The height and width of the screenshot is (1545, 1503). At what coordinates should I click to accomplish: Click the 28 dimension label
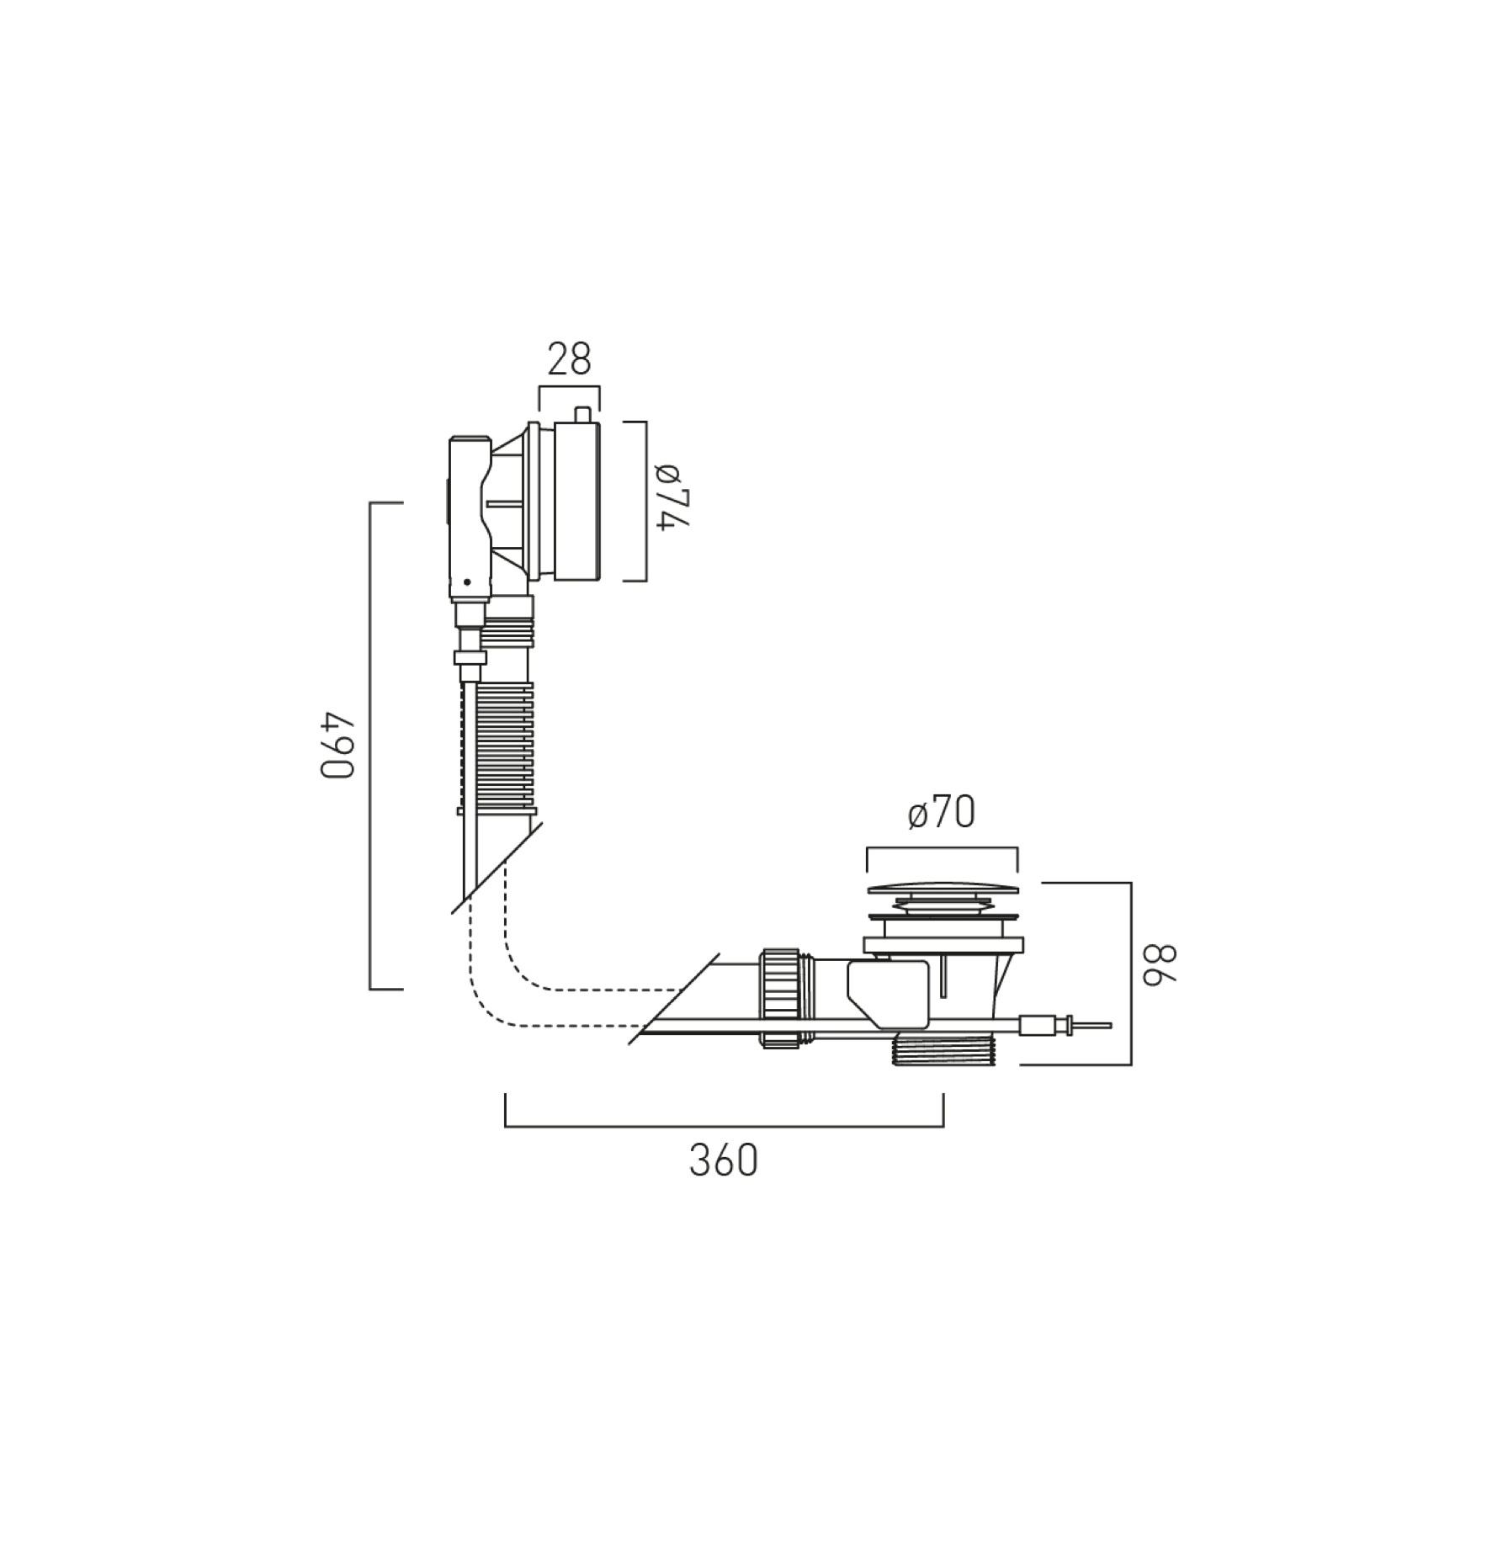570,359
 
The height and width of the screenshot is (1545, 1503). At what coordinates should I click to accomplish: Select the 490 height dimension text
340,746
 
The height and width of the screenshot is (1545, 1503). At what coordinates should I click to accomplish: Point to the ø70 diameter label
942,813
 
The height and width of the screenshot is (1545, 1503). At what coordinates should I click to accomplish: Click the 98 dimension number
1159,964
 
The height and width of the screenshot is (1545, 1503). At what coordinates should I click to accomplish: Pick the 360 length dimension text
724,1160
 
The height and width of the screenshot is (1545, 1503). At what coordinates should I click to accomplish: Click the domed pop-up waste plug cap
943,888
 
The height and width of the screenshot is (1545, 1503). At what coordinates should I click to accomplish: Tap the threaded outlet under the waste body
943,1049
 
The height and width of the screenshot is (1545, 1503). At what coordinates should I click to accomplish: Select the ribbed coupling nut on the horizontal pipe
780,997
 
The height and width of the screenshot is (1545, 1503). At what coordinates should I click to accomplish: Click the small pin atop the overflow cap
581,415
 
